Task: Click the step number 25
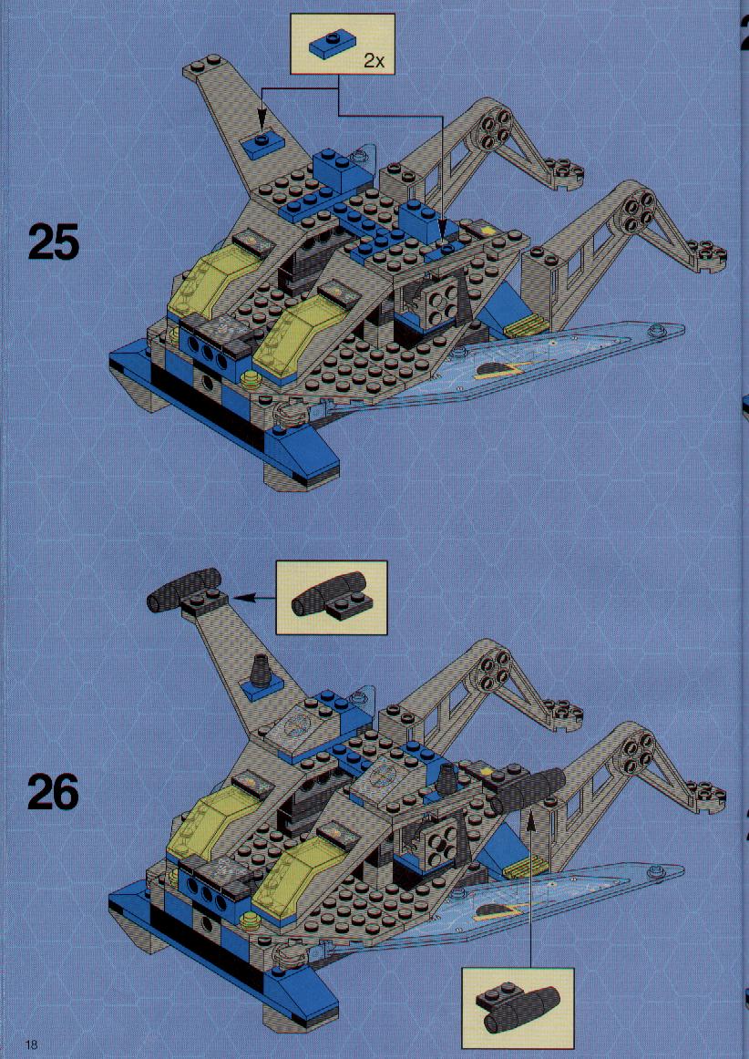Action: point(54,243)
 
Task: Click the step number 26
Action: point(54,792)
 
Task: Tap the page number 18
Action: point(31,1044)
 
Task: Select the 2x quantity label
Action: point(374,61)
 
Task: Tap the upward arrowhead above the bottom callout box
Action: point(529,820)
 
